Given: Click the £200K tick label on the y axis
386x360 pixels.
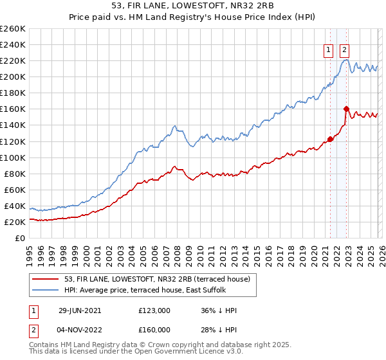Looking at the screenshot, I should tap(13, 76).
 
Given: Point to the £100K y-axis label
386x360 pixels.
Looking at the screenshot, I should tap(13, 157).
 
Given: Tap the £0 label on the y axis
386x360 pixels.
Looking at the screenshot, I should tap(21, 238).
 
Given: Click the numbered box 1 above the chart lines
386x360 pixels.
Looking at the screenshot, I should tap(328, 51).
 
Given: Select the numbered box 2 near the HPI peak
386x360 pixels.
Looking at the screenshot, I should tap(344, 51).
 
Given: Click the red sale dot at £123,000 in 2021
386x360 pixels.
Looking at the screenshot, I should tap(330, 139).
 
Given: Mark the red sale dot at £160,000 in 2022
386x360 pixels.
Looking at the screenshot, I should tap(346, 109).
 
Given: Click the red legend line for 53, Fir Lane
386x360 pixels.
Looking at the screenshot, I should tap(46, 278).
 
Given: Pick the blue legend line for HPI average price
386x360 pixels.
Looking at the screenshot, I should tap(46, 289).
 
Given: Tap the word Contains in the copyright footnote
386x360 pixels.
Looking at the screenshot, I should tap(44, 345).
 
